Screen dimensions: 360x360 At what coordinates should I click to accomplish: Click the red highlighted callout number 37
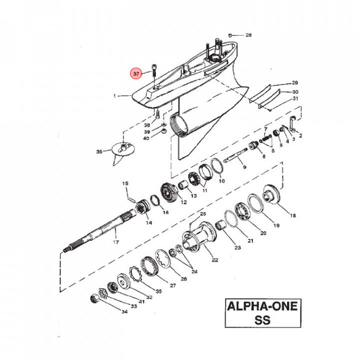136,74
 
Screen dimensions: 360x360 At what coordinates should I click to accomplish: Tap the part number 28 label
248,35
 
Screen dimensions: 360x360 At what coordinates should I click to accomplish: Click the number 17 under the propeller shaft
116,242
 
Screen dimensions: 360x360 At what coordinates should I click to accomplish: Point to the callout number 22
214,259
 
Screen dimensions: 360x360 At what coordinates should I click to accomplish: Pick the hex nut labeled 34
93,299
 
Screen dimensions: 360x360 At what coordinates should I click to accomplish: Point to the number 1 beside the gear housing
114,95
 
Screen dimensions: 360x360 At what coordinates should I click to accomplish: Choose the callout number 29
294,82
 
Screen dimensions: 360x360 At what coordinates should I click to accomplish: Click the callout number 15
126,184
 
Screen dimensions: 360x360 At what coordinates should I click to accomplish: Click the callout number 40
146,138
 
